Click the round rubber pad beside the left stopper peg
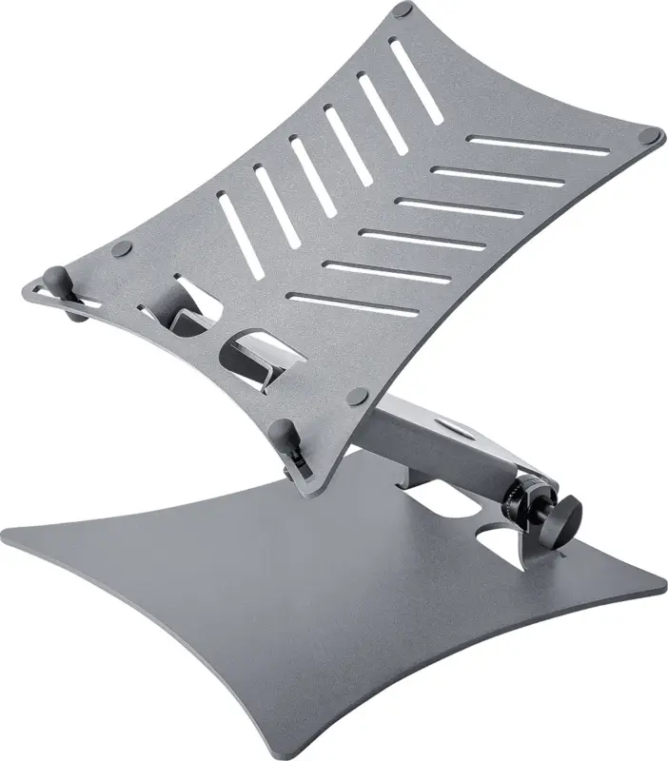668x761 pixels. click(x=121, y=250)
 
